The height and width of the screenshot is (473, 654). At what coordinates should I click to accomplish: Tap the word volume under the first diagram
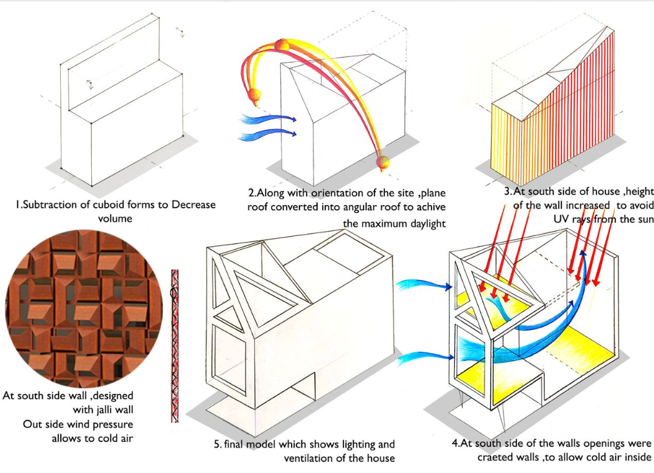click(114, 218)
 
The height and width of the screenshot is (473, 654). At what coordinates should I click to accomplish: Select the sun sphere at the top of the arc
click(281, 45)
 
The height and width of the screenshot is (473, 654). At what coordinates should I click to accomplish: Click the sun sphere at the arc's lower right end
click(384, 162)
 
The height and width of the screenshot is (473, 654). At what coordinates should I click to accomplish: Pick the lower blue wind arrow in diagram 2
click(267, 135)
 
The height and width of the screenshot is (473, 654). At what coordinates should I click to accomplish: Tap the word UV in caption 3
click(563, 219)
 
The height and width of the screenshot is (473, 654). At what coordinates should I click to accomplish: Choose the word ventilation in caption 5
click(316, 459)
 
